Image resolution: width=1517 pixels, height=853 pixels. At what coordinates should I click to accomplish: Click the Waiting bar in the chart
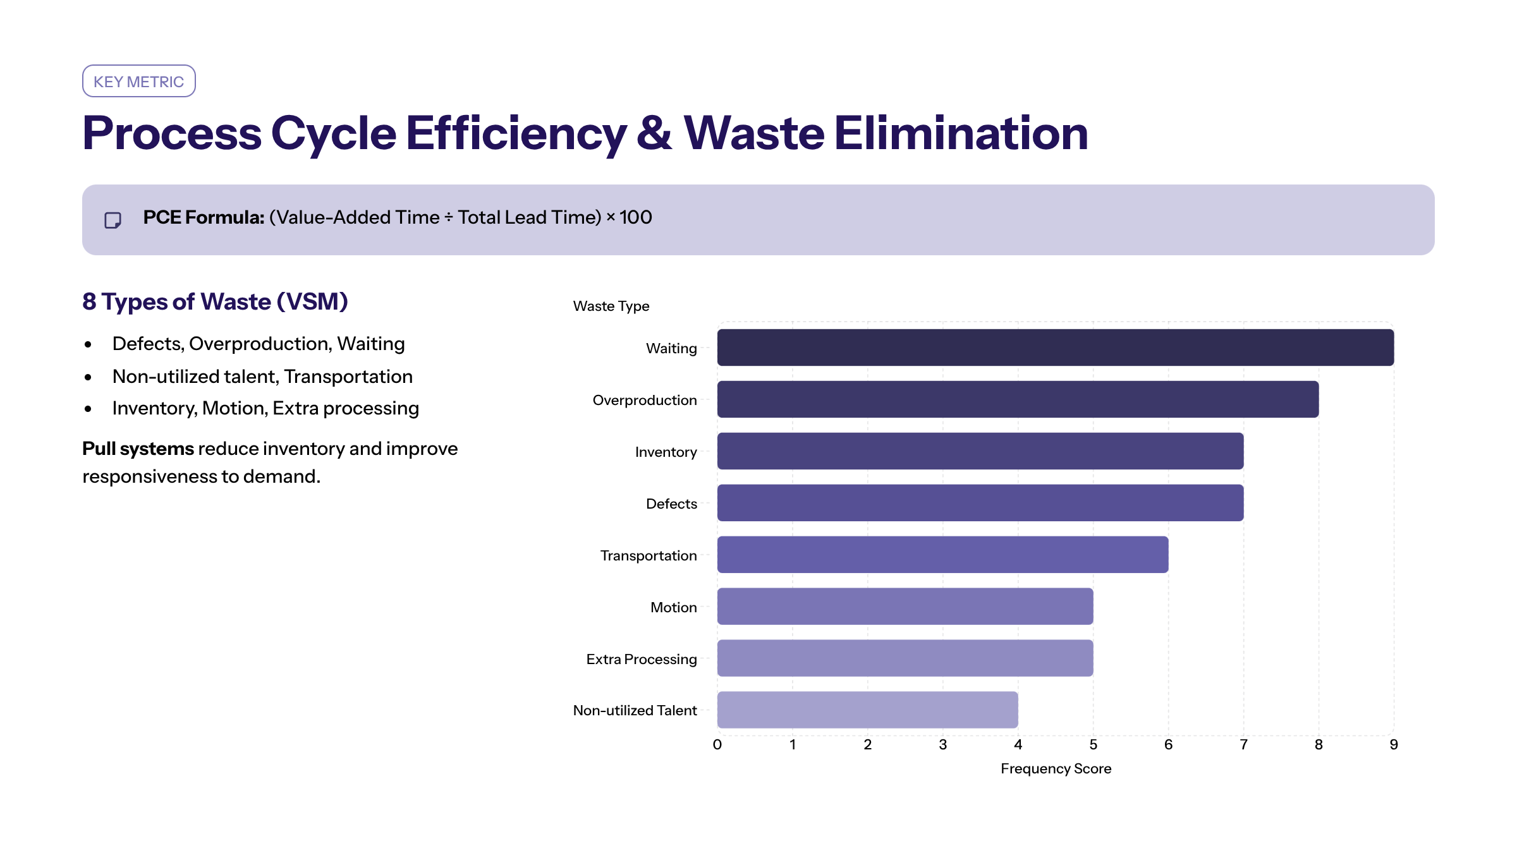[1056, 348]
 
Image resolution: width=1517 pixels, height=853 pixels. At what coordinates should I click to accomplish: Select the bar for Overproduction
[1018, 399]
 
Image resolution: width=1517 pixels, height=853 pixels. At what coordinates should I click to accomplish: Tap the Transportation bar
[942, 555]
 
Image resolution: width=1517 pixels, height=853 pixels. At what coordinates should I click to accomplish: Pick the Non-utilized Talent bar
[867, 710]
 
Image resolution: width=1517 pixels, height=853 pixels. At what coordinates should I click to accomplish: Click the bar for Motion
[905, 607]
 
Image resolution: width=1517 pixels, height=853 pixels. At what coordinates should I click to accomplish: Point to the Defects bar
[980, 503]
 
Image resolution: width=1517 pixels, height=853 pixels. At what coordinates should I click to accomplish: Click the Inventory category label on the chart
[666, 452]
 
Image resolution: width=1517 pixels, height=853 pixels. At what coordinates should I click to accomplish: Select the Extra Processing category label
[642, 659]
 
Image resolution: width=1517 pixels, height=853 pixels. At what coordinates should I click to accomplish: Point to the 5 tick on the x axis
[1094, 744]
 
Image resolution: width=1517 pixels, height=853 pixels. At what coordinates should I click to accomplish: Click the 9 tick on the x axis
[1394, 744]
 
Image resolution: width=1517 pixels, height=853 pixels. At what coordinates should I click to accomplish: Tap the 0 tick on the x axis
[717, 744]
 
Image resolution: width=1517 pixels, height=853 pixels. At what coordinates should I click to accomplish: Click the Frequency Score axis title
[1056, 768]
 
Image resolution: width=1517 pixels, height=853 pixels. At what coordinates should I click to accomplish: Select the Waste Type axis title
[611, 306]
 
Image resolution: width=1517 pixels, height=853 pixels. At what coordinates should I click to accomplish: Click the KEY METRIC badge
[139, 81]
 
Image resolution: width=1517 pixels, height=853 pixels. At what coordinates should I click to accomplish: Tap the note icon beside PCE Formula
[113, 220]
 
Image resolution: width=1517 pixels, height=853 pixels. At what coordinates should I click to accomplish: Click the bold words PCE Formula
[204, 217]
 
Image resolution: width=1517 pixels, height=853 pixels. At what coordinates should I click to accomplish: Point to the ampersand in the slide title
[654, 133]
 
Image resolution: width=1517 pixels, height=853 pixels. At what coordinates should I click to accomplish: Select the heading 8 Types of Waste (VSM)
[215, 301]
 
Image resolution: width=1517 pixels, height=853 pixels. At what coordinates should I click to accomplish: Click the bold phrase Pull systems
[138, 449]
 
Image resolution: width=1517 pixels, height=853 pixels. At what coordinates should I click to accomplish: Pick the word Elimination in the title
[961, 133]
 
